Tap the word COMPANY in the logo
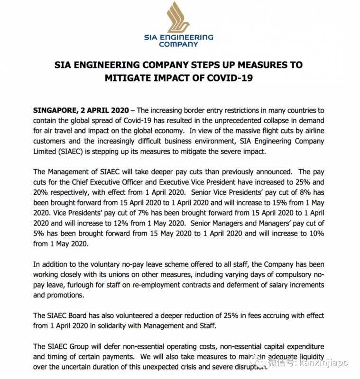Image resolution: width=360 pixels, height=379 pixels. pos(178,45)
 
